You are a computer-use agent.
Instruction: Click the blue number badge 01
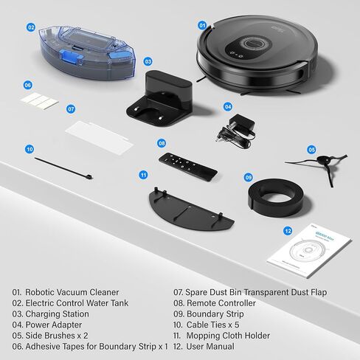coord(202,25)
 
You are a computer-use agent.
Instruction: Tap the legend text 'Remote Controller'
coord(226,303)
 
